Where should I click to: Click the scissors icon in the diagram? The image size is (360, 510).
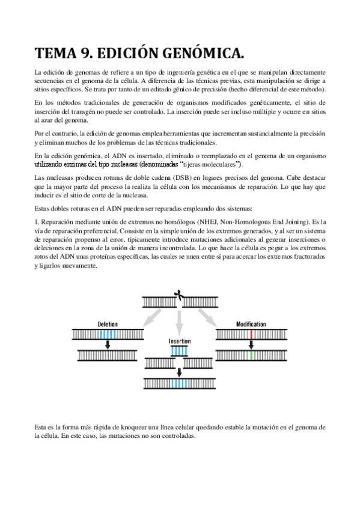coord(178,295)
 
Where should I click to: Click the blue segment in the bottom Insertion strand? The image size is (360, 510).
coord(179,383)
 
